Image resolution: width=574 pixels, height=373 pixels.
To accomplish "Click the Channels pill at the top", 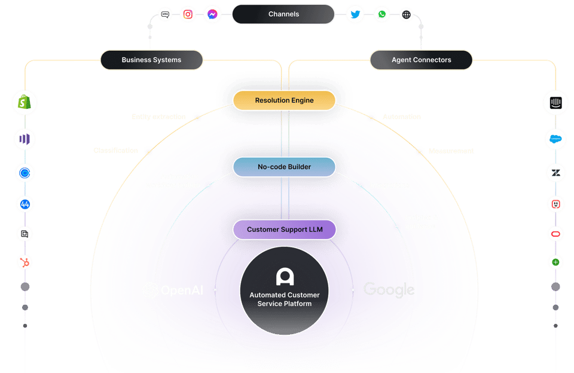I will click(x=283, y=14).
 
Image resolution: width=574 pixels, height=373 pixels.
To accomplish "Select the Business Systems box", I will click(x=151, y=60).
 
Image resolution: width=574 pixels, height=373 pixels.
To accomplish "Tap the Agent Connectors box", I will click(x=421, y=60).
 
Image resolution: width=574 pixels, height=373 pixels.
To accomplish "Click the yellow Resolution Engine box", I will click(x=284, y=100).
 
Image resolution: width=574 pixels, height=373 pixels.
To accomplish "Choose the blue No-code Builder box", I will click(x=284, y=167).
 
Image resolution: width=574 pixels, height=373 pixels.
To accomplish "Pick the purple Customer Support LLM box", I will click(x=284, y=230).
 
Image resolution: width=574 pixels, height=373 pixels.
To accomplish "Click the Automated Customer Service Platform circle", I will click(x=284, y=289).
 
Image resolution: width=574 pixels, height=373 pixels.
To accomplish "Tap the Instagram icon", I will click(x=188, y=14).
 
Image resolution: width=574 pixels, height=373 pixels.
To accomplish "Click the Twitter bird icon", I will click(x=355, y=14).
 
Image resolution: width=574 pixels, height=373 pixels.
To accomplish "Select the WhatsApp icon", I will click(x=381, y=14).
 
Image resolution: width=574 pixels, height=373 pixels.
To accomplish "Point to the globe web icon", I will click(x=407, y=14).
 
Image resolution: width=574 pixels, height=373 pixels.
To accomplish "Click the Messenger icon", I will click(x=213, y=14).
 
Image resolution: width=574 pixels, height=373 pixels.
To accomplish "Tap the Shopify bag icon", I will click(x=25, y=103).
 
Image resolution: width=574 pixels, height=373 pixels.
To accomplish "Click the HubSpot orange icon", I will click(x=25, y=262).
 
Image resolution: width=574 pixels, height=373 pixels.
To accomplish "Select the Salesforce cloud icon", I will click(x=555, y=139).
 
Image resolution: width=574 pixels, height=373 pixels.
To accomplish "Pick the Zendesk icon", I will click(x=555, y=173).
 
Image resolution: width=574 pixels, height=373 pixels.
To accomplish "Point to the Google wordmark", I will click(x=389, y=290).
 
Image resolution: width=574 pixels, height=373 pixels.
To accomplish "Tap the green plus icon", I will click(x=555, y=262).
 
